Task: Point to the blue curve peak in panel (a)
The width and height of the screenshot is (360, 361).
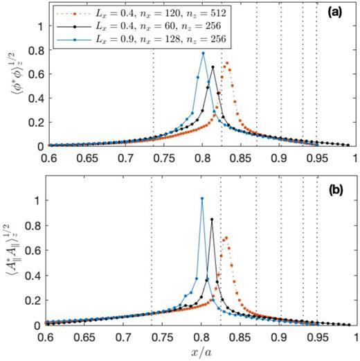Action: point(203,53)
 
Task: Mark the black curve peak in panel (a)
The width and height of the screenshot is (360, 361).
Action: point(213,67)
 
